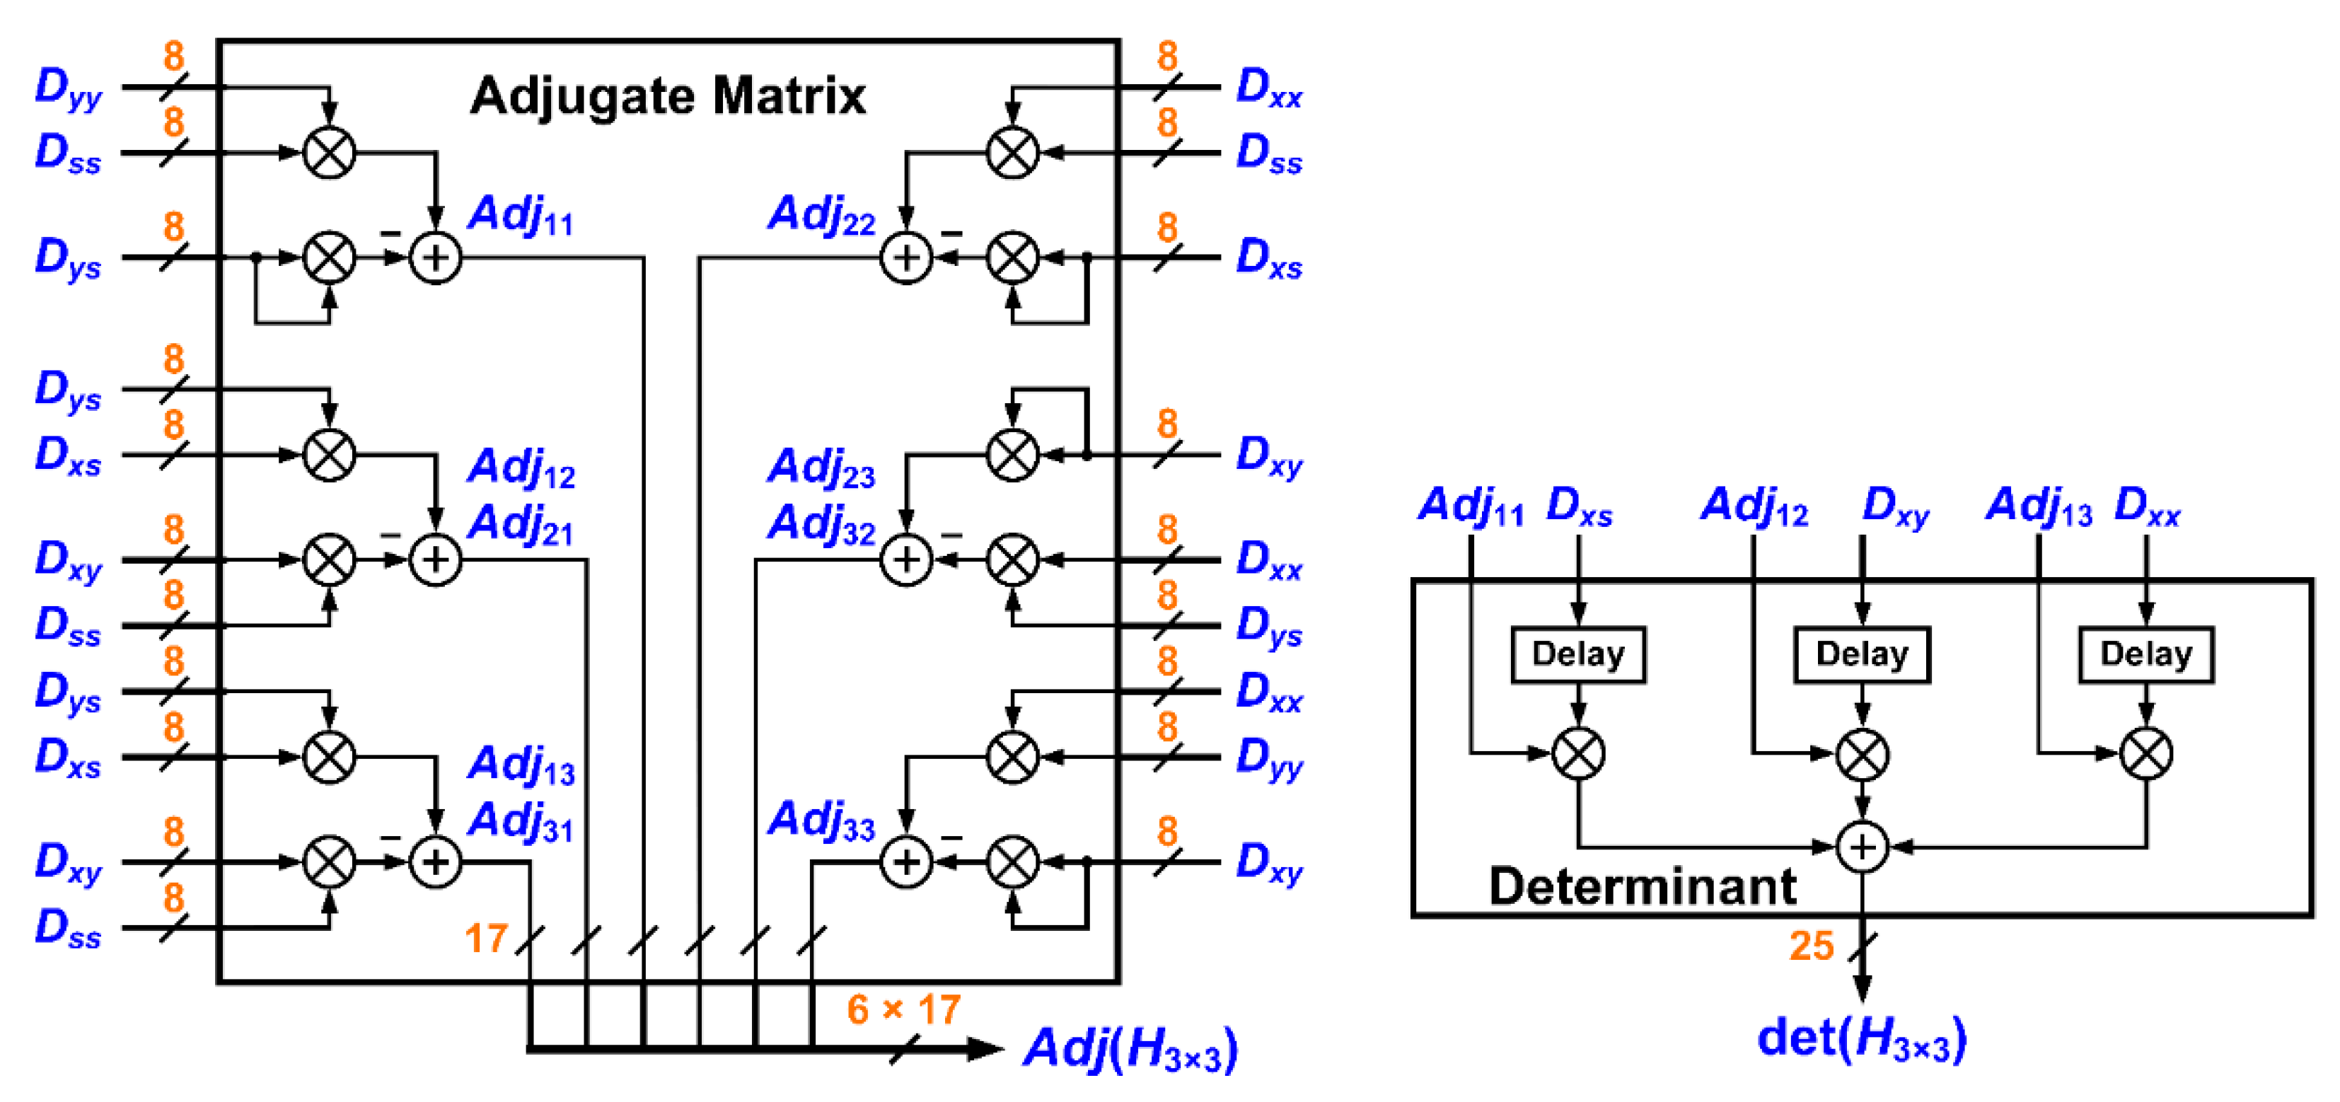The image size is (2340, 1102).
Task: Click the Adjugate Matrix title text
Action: pos(668,95)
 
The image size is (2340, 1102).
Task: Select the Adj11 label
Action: pos(521,215)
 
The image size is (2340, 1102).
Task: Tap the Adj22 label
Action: pos(821,215)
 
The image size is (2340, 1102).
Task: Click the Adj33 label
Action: pos(821,820)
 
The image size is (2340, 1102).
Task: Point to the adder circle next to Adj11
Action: pos(435,258)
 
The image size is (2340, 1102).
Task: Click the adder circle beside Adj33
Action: pos(905,862)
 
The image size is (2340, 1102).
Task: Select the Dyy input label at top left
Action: pos(68,88)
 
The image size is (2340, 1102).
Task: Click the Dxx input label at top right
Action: pos(1269,88)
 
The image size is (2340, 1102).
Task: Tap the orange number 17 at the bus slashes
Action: pos(485,939)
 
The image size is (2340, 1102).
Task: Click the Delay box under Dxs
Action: pos(1578,654)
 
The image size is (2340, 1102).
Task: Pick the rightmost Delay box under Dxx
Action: pos(2145,654)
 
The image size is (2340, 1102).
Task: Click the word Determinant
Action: pos(1643,886)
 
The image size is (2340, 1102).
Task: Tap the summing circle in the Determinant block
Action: pos(1863,847)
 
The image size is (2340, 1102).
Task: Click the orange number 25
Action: pos(1812,946)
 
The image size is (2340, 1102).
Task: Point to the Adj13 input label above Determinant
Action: pos(2039,506)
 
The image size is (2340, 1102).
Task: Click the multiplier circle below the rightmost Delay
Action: pos(2145,753)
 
